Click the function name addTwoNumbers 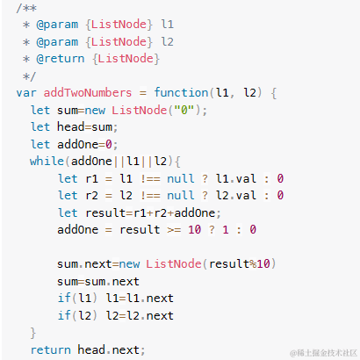click(x=88, y=93)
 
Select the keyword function click(x=181, y=93)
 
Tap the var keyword click(x=26, y=93)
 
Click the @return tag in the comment click(x=61, y=59)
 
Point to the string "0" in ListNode click(x=184, y=111)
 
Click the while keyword click(x=47, y=161)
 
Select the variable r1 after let click(x=91, y=179)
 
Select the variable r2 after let click(x=91, y=196)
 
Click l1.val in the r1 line click(x=236, y=178)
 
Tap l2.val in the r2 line click(x=236, y=195)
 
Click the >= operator click(x=174, y=230)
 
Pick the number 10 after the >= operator click(x=194, y=230)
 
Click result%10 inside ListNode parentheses click(x=239, y=263)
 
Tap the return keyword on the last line click(x=50, y=350)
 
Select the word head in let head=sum click(x=70, y=127)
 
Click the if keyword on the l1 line click(x=64, y=299)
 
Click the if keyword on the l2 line click(x=64, y=315)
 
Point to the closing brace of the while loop click(x=33, y=333)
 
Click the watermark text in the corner click(x=323, y=353)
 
